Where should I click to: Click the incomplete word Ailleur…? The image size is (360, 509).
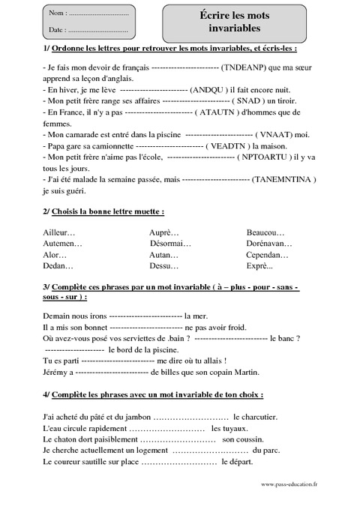61,232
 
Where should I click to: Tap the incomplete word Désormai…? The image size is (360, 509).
170,244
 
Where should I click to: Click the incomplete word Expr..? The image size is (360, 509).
260,266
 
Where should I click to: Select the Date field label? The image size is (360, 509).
57,30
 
